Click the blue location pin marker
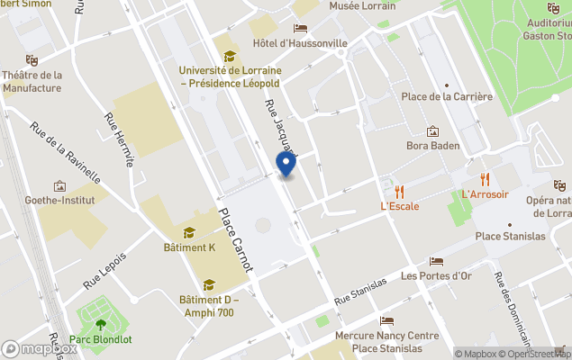coord(286,164)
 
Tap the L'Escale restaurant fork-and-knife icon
coord(399,191)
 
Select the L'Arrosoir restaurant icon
coord(485,178)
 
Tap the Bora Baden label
coord(432,146)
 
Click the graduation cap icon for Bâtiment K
coord(189,232)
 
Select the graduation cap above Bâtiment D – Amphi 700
coord(209,285)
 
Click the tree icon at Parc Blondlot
coord(100,322)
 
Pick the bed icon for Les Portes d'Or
coord(436,262)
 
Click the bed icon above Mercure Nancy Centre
coord(386,321)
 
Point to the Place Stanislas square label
coord(510,237)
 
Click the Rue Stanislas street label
coord(360,289)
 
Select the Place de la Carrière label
coord(447,97)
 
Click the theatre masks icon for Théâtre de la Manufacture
coord(32,60)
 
